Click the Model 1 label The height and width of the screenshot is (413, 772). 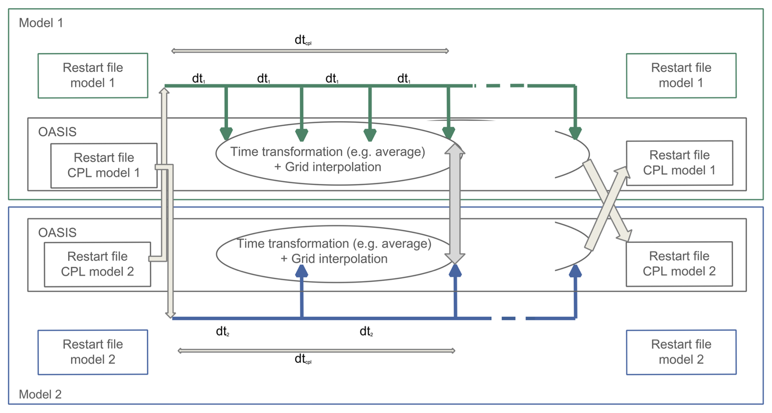(x=41, y=23)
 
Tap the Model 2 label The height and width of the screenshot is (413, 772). (x=40, y=394)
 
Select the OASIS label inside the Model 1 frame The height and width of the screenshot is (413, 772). (x=57, y=132)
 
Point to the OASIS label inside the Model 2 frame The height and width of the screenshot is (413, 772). (x=57, y=232)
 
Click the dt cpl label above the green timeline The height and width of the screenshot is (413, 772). (x=303, y=40)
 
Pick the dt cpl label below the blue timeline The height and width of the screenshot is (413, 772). (x=303, y=359)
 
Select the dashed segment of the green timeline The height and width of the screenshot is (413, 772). (x=502, y=86)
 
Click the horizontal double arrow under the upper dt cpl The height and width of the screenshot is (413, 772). (x=310, y=51)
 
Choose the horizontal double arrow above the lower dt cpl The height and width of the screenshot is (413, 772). (x=316, y=350)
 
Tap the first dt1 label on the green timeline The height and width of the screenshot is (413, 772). (x=198, y=78)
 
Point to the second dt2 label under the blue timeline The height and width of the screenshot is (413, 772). (x=366, y=332)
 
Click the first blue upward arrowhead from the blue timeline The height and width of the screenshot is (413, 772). (x=302, y=271)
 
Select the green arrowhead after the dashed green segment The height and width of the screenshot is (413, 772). (x=575, y=133)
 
